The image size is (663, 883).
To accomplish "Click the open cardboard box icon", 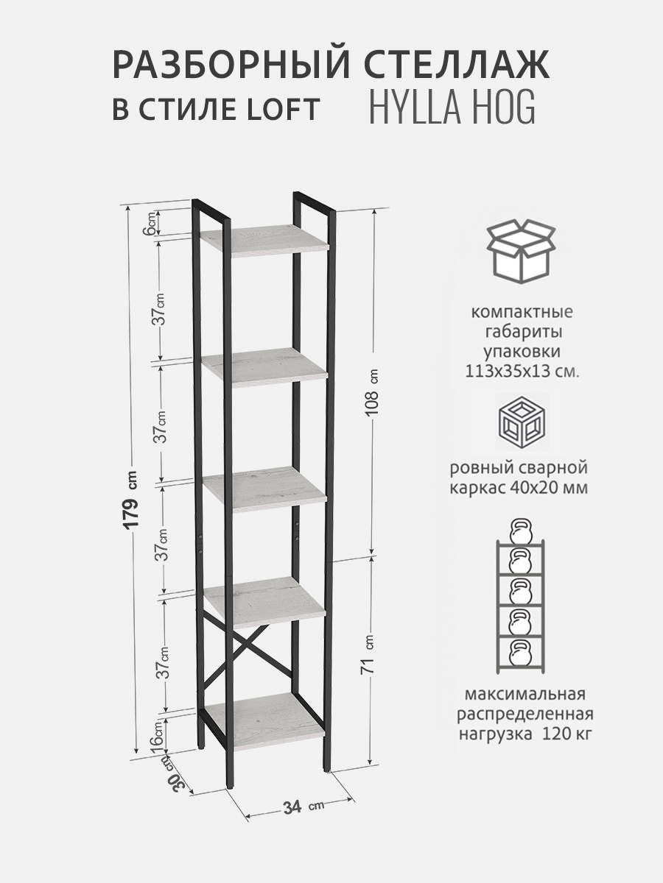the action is pyautogui.click(x=522, y=252).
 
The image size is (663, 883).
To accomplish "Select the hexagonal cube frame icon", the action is pyautogui.click(x=522, y=422).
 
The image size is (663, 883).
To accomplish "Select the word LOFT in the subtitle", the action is pyautogui.click(x=284, y=109).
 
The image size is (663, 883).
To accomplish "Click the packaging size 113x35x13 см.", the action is pyautogui.click(x=522, y=372).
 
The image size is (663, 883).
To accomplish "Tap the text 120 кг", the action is pyautogui.click(x=567, y=734).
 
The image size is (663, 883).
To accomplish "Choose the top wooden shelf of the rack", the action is pyautogui.click(x=264, y=241).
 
